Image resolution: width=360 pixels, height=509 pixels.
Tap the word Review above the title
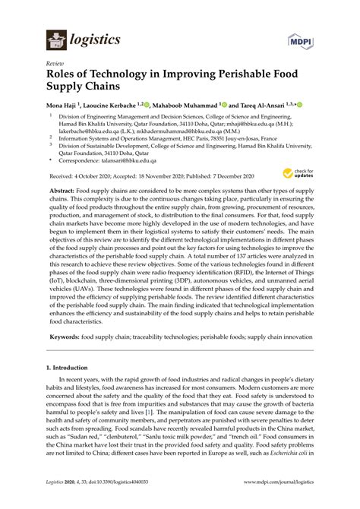click(x=54, y=65)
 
